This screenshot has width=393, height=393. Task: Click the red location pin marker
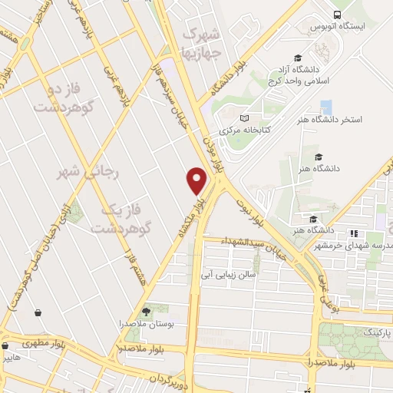[x=197, y=180]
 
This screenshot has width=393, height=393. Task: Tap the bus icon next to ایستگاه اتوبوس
[x=338, y=15]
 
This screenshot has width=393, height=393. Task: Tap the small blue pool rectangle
[x=326, y=107]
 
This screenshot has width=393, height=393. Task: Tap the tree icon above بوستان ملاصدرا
[x=146, y=311]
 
